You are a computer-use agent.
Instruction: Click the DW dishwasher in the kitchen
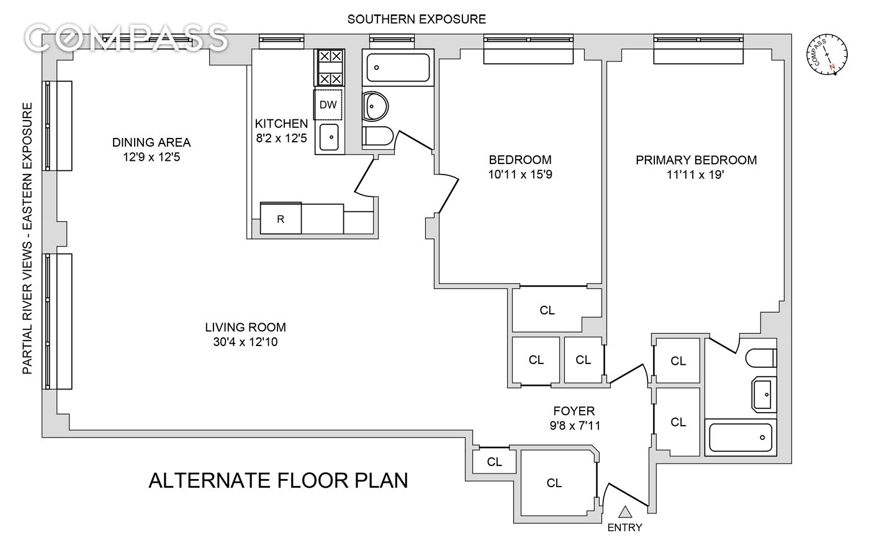coord(328,104)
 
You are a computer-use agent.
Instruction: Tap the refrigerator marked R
coord(281,219)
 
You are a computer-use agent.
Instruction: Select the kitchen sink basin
coord(329,137)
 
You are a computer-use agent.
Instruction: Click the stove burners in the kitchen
coord(329,68)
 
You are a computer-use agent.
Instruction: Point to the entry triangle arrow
coord(625,512)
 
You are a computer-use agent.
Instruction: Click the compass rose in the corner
coord(827,54)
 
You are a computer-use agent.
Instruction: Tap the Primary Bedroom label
coord(696,160)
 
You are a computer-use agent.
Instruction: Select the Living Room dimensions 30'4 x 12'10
coord(245,342)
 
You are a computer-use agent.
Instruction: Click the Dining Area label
coord(151,142)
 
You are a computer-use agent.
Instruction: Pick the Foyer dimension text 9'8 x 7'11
coord(575,426)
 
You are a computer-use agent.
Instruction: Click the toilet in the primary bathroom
coord(761,358)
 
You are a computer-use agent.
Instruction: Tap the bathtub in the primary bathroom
coord(740,437)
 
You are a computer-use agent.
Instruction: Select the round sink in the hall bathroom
coord(374,106)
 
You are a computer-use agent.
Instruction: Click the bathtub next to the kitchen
coord(398,67)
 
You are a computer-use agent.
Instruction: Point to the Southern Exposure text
coord(416,19)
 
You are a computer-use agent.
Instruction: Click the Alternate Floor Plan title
coord(278,480)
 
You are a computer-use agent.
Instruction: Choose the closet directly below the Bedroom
coord(547,310)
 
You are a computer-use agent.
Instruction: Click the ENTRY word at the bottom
coord(624,527)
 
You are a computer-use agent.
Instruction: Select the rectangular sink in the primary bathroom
coord(764,394)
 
